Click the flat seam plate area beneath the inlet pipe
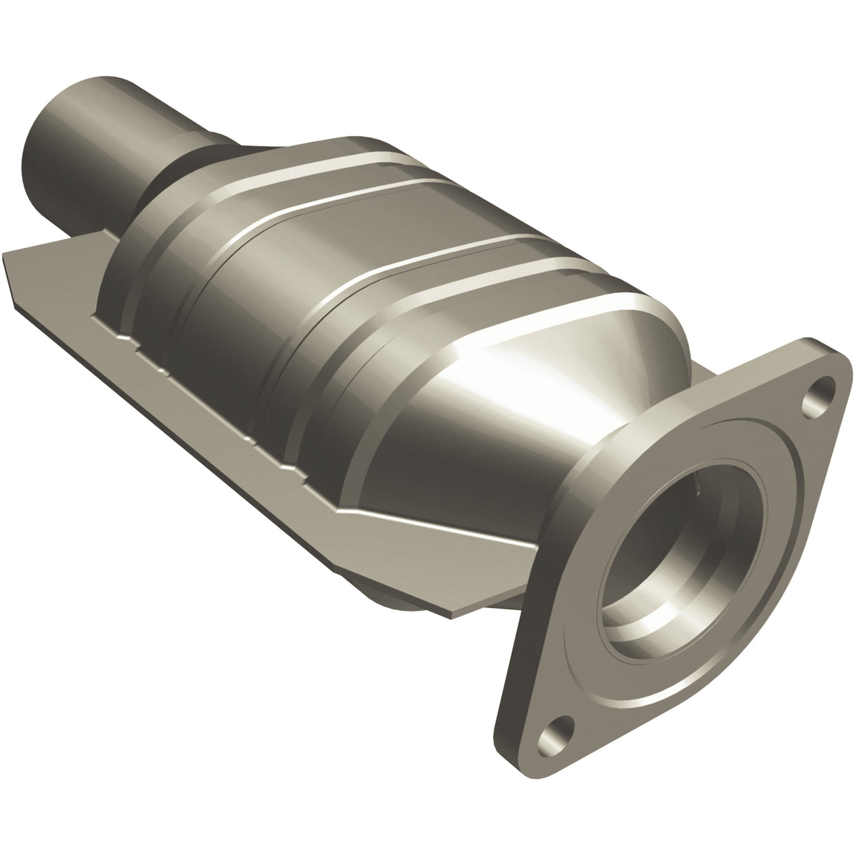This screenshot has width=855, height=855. coord(56,261)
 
